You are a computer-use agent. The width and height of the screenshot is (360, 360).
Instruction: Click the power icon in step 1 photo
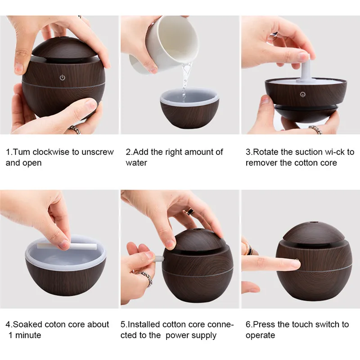point(63,77)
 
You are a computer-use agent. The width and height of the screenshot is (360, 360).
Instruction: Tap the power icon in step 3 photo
point(303,94)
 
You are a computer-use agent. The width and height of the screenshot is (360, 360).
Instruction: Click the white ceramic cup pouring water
point(164,43)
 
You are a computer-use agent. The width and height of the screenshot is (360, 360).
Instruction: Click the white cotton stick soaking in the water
point(67,246)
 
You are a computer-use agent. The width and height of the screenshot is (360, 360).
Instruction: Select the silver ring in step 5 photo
point(145,277)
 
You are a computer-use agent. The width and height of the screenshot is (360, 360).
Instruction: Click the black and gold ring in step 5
point(189,211)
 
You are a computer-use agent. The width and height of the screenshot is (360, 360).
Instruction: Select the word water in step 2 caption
point(136,163)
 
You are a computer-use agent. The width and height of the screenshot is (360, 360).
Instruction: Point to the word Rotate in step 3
point(265,152)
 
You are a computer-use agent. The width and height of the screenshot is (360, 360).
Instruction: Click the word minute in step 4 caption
point(28,335)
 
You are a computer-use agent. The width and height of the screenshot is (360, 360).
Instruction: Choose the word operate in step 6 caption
point(261,336)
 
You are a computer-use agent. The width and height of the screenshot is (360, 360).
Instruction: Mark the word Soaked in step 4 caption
point(28,324)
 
